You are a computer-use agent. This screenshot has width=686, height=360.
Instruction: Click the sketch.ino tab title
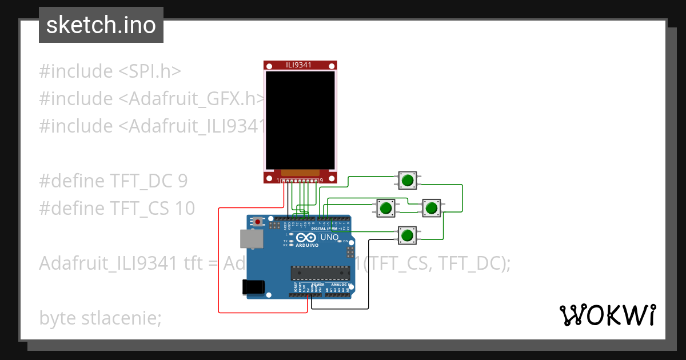[101, 25]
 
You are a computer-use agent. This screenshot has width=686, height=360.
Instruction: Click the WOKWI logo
[607, 315]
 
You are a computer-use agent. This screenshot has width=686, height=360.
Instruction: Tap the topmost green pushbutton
[407, 181]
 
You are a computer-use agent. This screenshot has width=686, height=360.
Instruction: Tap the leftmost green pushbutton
[386, 207]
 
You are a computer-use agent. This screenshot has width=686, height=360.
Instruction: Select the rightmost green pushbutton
[430, 207]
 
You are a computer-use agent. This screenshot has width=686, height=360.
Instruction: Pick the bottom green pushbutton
[407, 235]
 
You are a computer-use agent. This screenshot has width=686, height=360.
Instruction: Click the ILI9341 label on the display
[299, 65]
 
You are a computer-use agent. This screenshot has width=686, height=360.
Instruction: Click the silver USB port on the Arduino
[251, 239]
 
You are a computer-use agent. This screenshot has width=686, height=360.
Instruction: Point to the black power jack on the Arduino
[254, 286]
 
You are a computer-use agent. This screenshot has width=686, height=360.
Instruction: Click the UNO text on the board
[329, 237]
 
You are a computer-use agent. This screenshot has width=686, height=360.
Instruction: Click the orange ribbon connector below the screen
[300, 172]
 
